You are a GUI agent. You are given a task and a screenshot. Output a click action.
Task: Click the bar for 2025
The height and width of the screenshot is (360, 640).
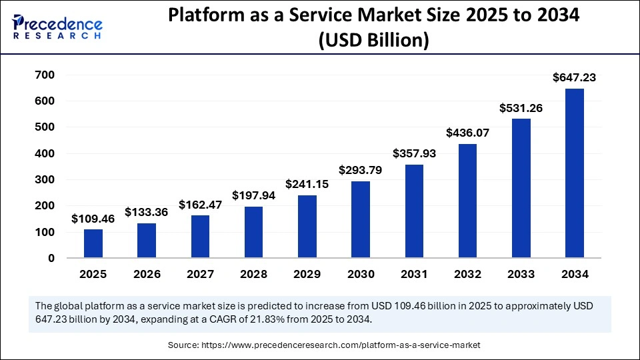point(93,243)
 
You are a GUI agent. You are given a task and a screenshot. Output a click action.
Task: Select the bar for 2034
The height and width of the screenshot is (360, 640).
point(574,173)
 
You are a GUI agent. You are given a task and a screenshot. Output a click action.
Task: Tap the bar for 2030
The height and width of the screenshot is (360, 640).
point(361,219)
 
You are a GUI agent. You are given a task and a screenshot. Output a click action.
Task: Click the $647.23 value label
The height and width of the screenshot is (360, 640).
point(574,78)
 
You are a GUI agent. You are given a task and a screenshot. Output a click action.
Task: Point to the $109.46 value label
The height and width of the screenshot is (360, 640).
point(93,218)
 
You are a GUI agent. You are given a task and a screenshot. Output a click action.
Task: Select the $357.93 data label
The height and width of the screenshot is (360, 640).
point(414,153)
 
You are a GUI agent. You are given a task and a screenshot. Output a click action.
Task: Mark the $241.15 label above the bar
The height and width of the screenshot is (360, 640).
point(307,184)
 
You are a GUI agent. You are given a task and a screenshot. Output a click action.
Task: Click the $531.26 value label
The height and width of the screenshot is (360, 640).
point(521,108)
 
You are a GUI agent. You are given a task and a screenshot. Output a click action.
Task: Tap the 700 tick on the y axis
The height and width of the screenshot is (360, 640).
point(45,75)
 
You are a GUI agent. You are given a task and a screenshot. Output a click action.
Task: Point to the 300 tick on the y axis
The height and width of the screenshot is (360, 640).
point(45,180)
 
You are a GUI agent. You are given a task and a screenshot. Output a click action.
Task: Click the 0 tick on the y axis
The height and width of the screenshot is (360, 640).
point(51,259)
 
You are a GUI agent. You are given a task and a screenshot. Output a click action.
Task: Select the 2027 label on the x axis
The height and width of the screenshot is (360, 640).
point(200,274)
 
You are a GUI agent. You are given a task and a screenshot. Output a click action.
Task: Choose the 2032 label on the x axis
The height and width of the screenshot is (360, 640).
point(467,274)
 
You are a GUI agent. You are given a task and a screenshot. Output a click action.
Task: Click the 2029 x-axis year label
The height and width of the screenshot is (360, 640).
point(307,274)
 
